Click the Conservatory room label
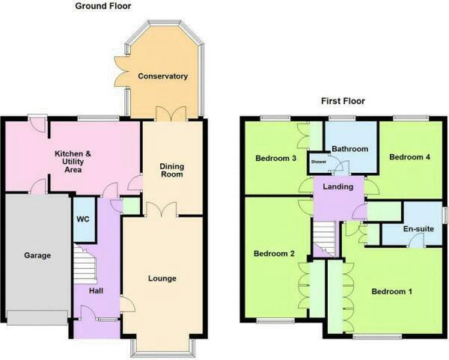point(162,76)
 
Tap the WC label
point(83,219)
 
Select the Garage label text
point(37,255)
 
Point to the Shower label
point(319,162)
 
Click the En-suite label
point(418,229)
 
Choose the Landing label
point(338,186)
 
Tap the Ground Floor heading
point(103,6)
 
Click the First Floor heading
point(343,101)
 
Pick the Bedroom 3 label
point(275,158)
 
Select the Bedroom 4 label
point(410,157)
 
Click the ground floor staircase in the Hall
point(85,263)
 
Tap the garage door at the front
point(37,317)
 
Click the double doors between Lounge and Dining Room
point(162,210)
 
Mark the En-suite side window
point(445,215)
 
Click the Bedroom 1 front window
point(377,337)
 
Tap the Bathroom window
point(342,118)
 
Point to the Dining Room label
point(172,171)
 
